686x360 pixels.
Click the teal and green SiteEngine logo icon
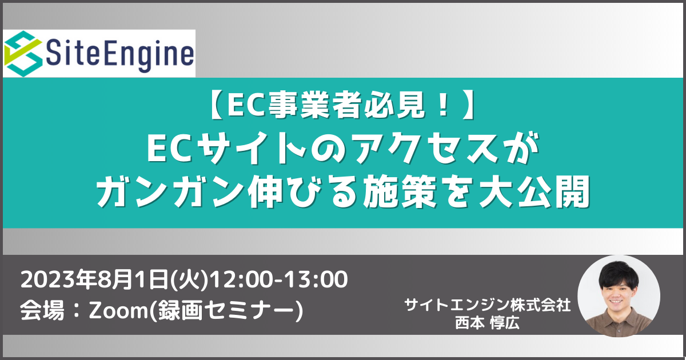coord(23,54)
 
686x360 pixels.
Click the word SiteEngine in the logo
coord(119,54)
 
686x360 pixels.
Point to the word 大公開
coord(534,191)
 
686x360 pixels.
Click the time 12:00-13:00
coord(280,279)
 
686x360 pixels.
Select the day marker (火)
coord(190,280)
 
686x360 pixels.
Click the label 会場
coord(42,310)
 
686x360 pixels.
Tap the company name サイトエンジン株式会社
coord(487,305)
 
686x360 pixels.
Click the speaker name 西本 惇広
coord(487,322)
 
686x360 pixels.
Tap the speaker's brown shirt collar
coord(619,318)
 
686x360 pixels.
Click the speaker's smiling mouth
coord(616,302)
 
